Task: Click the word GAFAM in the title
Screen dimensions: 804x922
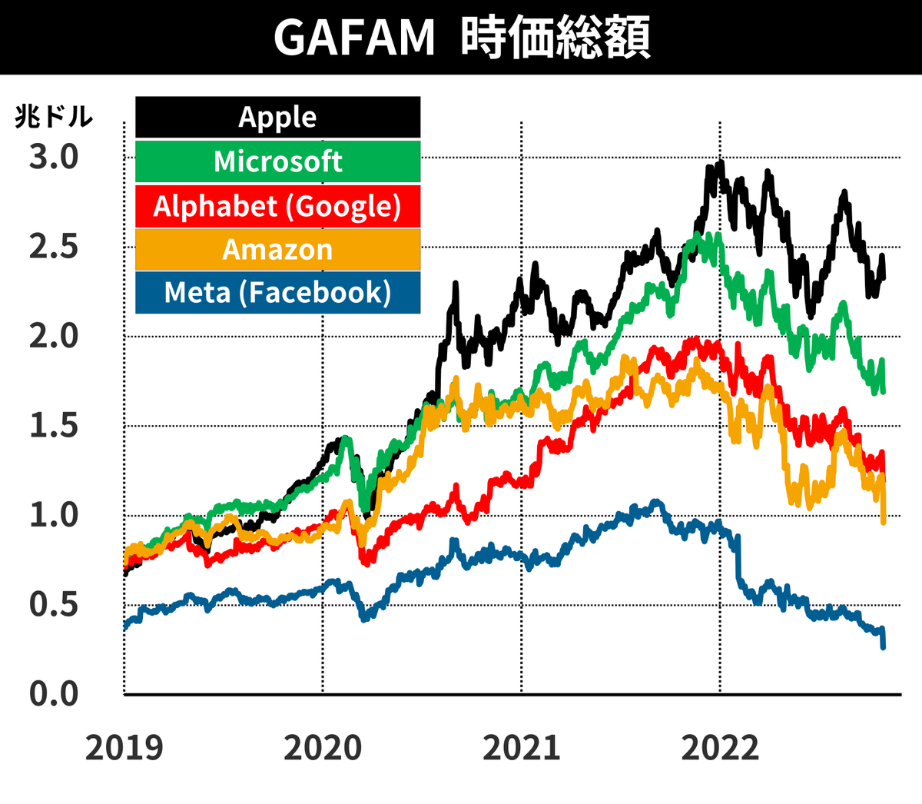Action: tap(354, 37)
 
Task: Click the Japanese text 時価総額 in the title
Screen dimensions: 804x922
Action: tap(556, 37)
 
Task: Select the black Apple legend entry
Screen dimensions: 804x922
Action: tap(277, 117)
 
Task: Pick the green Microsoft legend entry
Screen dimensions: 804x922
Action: tap(277, 161)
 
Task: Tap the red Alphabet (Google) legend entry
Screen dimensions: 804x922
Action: tap(277, 206)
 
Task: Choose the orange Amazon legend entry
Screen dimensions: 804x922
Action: tap(277, 250)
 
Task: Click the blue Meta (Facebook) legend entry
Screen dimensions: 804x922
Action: tap(277, 293)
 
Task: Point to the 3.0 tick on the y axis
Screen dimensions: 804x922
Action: tap(54, 157)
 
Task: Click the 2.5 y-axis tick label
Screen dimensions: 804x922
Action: tap(54, 247)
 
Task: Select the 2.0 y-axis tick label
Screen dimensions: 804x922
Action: tap(54, 336)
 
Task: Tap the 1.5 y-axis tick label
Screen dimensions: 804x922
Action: tap(54, 426)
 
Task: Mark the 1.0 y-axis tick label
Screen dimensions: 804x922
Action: tap(54, 515)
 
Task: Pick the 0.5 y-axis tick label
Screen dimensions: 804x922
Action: tap(54, 605)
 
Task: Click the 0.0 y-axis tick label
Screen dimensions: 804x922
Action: tap(54, 694)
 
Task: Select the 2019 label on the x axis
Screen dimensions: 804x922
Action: tap(124, 748)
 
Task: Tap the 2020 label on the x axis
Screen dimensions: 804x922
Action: tap(323, 748)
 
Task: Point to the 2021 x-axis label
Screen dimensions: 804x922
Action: tap(522, 748)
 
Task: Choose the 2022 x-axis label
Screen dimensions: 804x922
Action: tap(720, 748)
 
